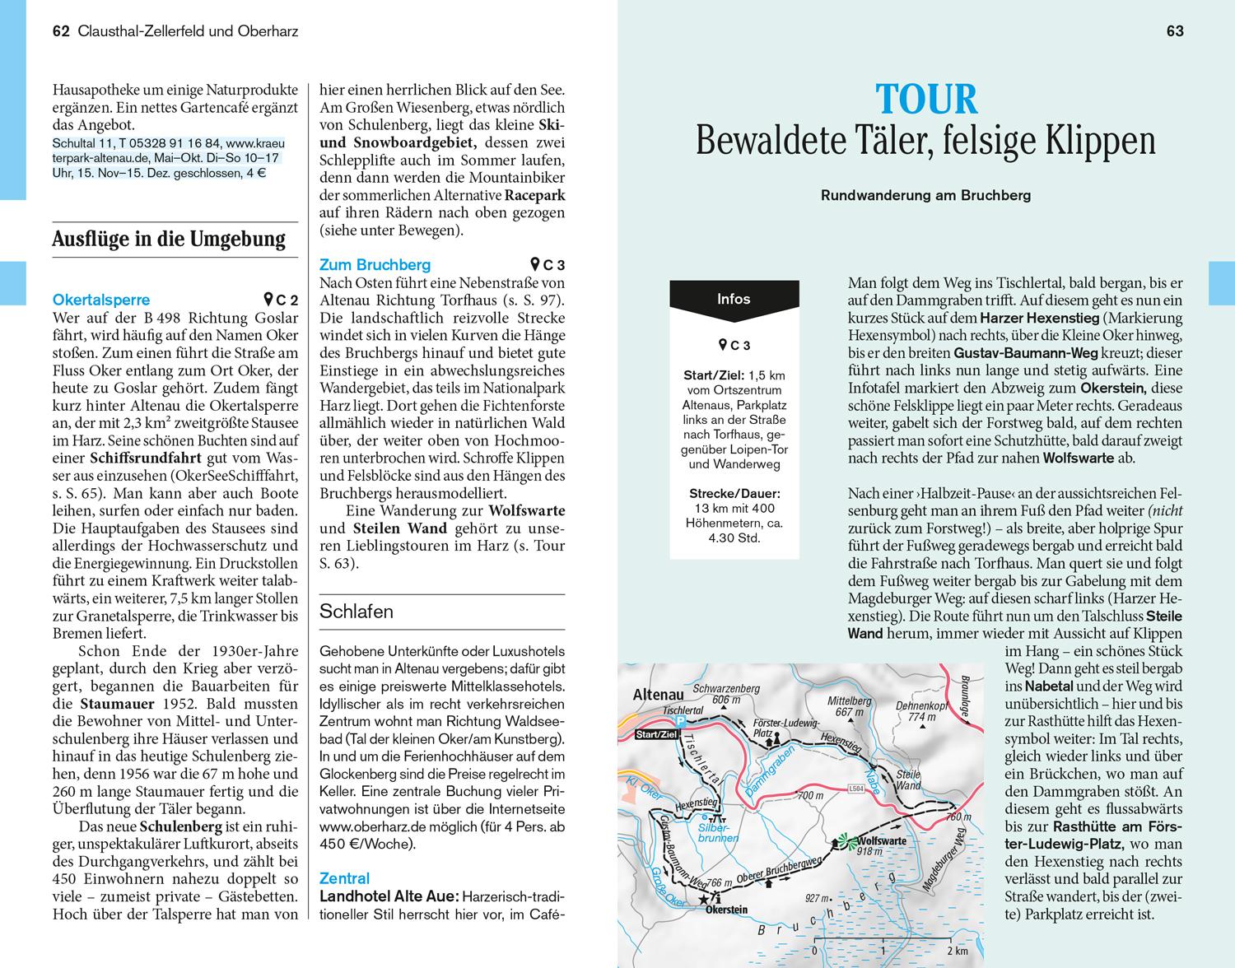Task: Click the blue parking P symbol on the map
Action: tap(680, 720)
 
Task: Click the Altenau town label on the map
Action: tap(658, 696)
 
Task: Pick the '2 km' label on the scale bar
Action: tap(956, 952)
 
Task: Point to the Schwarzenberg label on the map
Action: tap(725, 688)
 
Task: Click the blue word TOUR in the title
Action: tap(926, 100)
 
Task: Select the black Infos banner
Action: tap(734, 300)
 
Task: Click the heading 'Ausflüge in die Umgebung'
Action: tap(169, 240)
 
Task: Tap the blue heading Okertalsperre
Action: tap(101, 300)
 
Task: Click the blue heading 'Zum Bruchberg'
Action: tap(375, 265)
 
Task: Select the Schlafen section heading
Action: tap(356, 612)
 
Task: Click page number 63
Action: tap(1175, 31)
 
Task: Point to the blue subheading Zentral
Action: tap(344, 878)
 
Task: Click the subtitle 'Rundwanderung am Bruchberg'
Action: tap(925, 196)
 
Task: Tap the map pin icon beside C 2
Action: tap(268, 300)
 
